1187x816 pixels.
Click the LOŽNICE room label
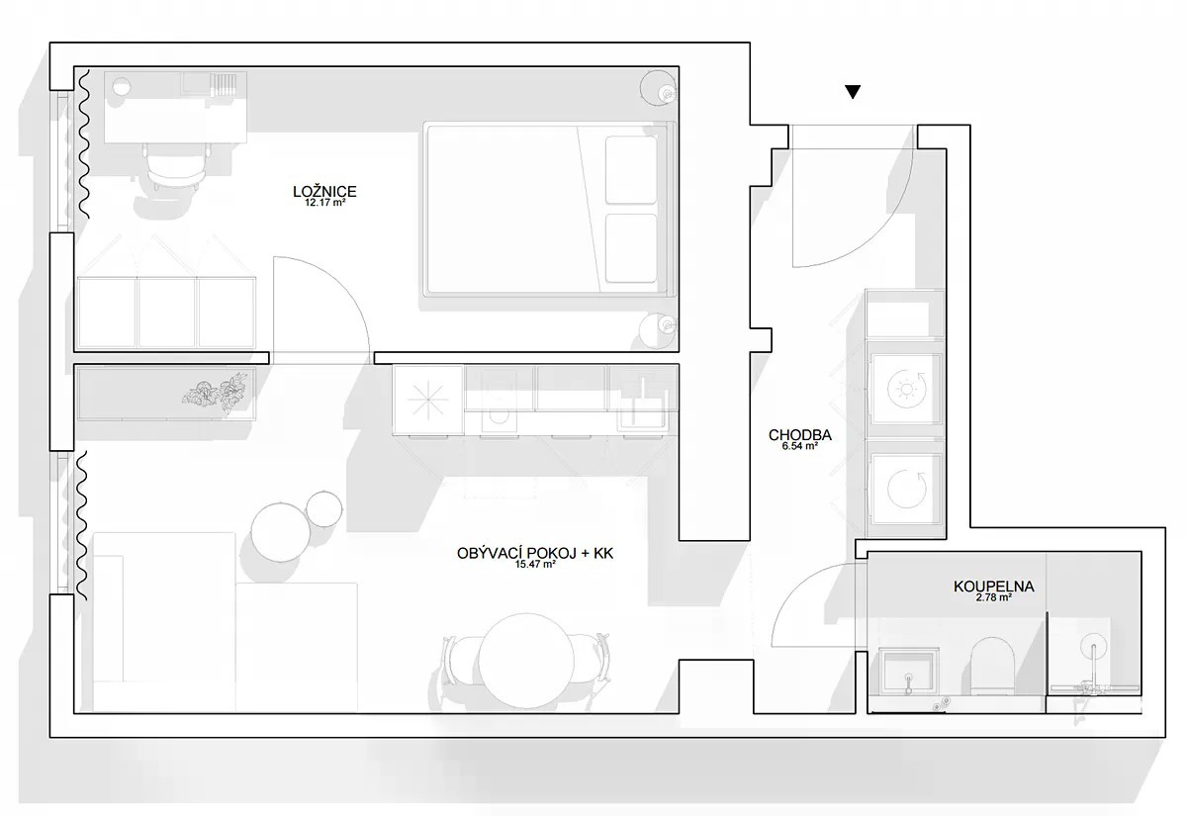(324, 191)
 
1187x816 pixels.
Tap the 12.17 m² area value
(325, 203)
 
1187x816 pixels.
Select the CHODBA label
(800, 435)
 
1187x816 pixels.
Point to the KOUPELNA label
(994, 587)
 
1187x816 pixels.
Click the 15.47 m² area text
(535, 565)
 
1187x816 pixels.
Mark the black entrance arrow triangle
(853, 92)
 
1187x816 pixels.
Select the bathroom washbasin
(909, 673)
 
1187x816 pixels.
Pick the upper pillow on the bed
(631, 169)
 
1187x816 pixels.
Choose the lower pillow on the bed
(631, 248)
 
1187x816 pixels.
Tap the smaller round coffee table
(323, 509)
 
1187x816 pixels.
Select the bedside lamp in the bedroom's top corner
(659, 88)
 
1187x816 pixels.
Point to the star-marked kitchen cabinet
(428, 400)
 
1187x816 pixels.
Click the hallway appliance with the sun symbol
(907, 390)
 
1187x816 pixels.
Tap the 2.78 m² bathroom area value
(994, 597)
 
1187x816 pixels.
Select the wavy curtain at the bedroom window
(84, 144)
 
